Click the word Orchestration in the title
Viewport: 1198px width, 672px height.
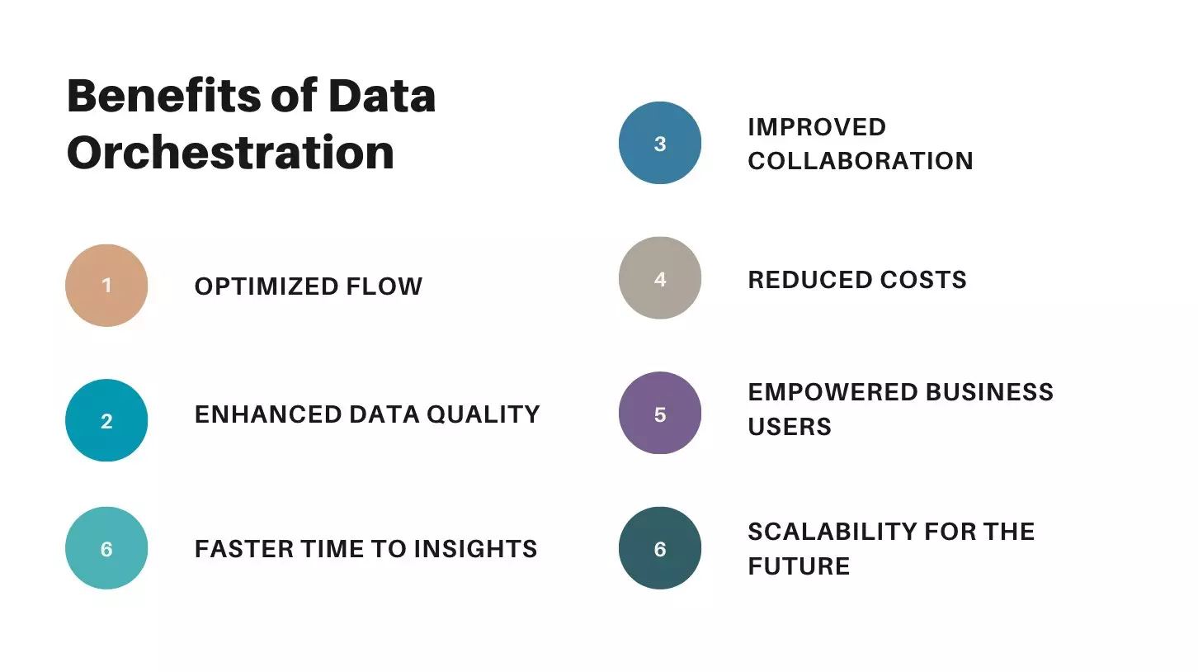230,153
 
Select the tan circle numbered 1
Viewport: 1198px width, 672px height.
106,286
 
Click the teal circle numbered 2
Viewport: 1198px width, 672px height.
106,420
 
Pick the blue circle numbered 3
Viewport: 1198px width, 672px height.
660,143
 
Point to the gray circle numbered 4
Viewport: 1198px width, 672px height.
660,278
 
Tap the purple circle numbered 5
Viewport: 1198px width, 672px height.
660,413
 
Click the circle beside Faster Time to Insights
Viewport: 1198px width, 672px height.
106,548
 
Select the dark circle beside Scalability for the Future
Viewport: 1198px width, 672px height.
660,548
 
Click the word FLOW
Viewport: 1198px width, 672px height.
384,286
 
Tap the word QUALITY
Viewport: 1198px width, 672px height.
483,414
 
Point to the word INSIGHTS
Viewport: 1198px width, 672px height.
475,549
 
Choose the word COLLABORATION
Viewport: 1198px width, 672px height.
861,161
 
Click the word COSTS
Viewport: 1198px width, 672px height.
923,280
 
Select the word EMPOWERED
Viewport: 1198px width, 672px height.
833,392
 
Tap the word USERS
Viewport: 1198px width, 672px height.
790,427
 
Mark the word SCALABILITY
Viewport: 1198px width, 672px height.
832,532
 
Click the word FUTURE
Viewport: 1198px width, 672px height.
799,566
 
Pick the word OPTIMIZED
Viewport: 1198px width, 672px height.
266,286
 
